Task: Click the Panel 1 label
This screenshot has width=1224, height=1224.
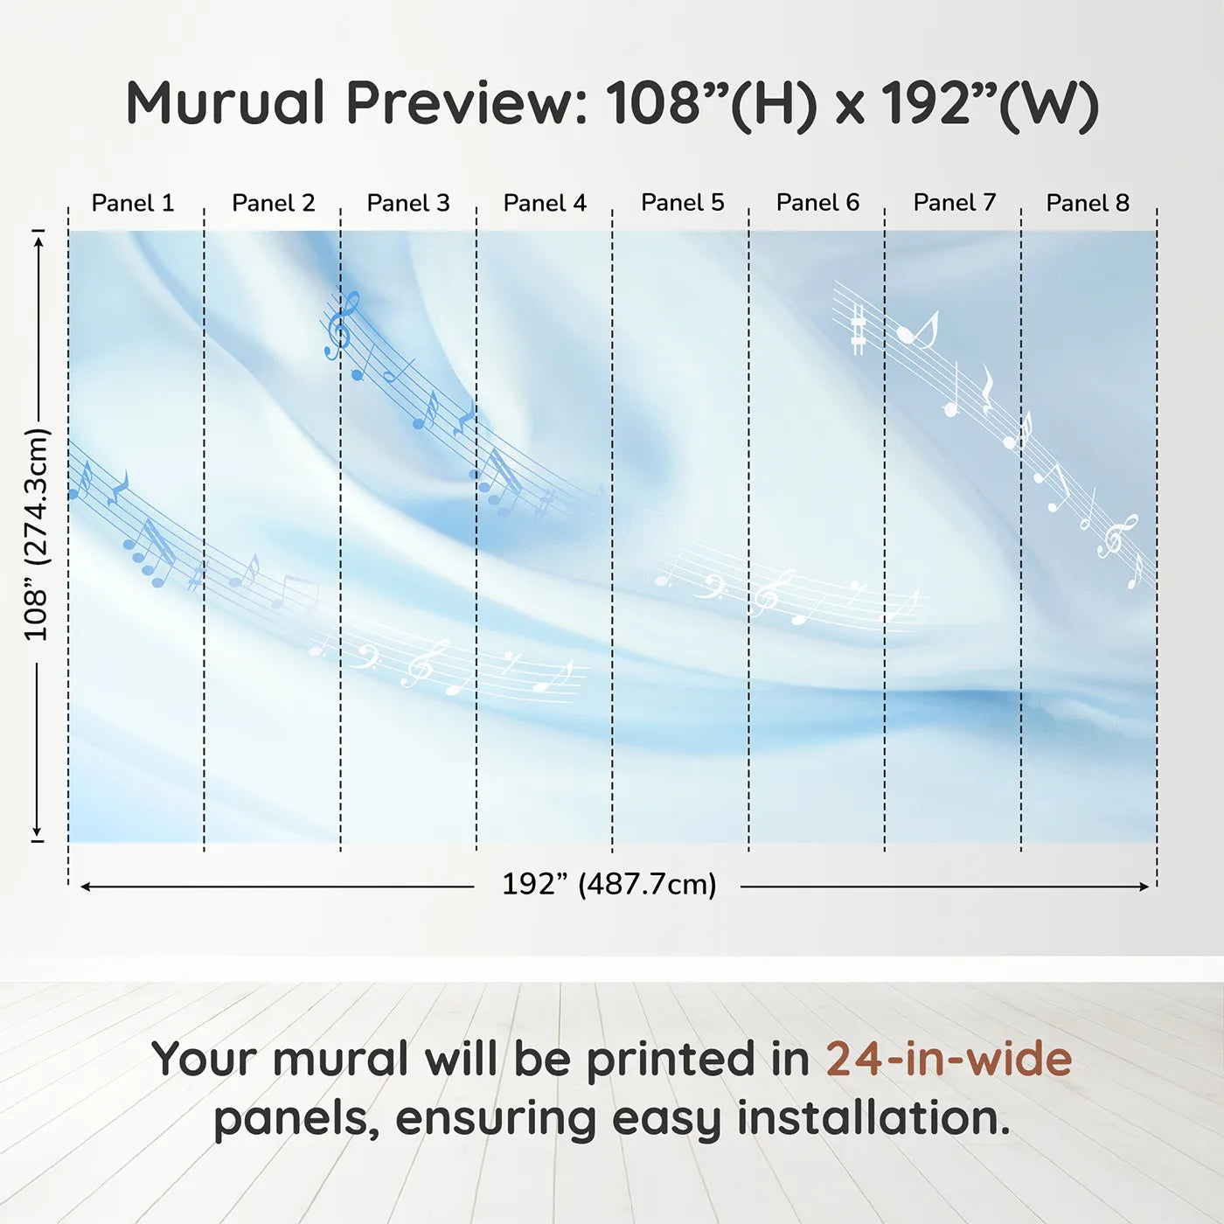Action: point(133,203)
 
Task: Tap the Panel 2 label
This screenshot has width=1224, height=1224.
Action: point(273,203)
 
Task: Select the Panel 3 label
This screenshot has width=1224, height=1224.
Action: point(408,203)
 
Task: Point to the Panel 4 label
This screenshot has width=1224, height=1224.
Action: point(545,203)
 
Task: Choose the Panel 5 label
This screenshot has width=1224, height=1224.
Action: point(683,203)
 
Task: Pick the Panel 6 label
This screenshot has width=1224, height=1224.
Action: point(818,203)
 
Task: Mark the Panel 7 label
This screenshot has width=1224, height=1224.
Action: point(955,203)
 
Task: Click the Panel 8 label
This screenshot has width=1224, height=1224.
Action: point(1088,203)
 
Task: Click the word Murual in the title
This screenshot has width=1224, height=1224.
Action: point(226,103)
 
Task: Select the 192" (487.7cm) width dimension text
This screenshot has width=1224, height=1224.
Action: point(609,884)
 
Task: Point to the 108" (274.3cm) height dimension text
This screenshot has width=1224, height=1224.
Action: point(37,534)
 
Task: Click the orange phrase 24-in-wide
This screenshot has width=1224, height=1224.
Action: point(949,1059)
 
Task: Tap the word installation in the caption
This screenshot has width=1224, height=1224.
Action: point(873,1118)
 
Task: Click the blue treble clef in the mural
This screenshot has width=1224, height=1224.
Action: point(342,326)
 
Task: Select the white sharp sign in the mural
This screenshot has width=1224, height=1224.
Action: point(859,329)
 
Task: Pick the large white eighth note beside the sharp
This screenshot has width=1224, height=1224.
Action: point(917,330)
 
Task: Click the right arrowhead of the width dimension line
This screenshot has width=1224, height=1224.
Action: point(1144,887)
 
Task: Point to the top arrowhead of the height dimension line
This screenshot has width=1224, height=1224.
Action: point(38,242)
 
